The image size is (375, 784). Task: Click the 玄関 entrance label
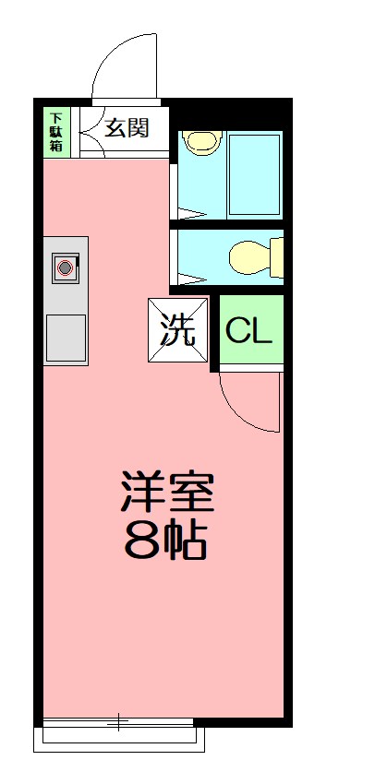click(x=126, y=127)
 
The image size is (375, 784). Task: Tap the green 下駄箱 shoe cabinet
click(x=56, y=132)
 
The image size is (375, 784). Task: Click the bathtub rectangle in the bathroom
click(x=254, y=176)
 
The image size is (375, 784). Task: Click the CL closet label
click(x=249, y=331)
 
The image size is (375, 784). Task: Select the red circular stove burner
click(x=66, y=268)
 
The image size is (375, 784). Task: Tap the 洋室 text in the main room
click(x=166, y=493)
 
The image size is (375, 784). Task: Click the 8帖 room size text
click(x=166, y=541)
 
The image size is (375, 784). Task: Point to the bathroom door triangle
click(x=188, y=214)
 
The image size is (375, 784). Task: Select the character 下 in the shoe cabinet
click(x=56, y=117)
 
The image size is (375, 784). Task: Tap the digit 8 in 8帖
click(x=141, y=542)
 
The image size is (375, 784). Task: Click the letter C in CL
click(x=238, y=331)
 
